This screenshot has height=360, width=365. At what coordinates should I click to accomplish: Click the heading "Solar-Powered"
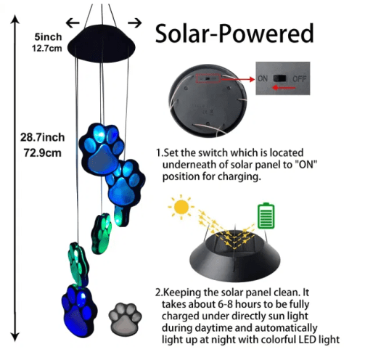pos(234,33)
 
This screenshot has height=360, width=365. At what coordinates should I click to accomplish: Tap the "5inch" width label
pos(48,37)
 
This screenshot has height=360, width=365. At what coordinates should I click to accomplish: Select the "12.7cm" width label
pos(47,48)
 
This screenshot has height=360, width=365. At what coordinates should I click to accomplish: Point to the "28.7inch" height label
pos(42,137)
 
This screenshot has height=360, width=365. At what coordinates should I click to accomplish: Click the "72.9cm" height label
pos(43,153)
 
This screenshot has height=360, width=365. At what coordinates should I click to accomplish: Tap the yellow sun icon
pos(181,207)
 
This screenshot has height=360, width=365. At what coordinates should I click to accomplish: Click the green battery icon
pos(266,216)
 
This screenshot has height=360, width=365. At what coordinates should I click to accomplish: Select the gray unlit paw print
pos(125,319)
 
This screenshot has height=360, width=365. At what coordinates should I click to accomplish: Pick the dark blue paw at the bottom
pos(79,311)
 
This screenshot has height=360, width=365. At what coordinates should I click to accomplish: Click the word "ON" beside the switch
pos(263,78)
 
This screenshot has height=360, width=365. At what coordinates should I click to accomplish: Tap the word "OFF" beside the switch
pos(300,79)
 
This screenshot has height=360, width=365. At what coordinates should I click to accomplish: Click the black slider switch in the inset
pos(279,78)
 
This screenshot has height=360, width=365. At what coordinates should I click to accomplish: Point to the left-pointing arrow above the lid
pos(73,23)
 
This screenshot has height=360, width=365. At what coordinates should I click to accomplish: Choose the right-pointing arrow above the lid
pos(135,23)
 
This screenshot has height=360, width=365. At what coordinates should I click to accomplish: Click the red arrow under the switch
pos(284,88)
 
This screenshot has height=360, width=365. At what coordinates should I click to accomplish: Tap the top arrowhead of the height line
pos(15,20)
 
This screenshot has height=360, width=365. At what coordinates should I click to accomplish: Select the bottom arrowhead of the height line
pos(15,337)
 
